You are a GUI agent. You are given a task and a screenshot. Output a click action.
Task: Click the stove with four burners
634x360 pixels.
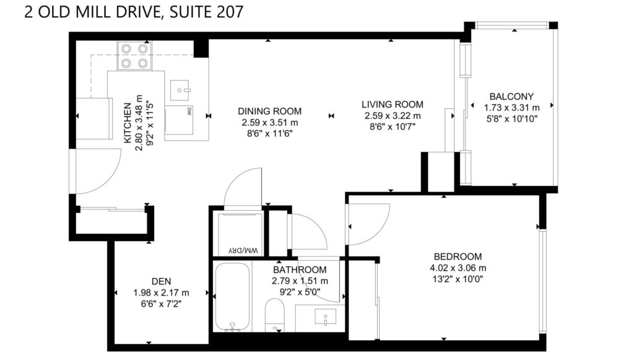click(134, 56)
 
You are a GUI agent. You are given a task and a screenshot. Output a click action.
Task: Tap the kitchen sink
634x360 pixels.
click(180, 90)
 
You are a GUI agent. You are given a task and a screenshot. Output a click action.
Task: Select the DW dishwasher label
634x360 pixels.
click(189, 112)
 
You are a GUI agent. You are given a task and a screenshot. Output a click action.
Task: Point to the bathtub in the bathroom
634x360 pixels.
click(232, 297)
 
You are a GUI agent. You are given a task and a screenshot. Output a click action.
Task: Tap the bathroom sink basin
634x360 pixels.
click(326, 317)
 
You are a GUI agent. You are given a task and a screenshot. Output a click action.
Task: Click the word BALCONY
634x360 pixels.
click(511, 97)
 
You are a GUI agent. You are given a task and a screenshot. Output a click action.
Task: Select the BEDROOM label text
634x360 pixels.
click(458, 257)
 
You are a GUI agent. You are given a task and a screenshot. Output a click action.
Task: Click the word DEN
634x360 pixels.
click(162, 281)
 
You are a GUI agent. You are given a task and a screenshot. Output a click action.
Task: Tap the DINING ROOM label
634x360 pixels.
click(270, 112)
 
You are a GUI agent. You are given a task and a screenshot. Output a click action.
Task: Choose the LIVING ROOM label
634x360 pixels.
click(392, 104)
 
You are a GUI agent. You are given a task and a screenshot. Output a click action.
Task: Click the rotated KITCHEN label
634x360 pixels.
click(128, 123)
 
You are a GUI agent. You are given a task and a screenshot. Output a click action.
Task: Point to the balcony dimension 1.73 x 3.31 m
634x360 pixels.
click(512, 108)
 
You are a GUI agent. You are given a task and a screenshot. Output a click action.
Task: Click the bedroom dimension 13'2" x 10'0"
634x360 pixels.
click(458, 279)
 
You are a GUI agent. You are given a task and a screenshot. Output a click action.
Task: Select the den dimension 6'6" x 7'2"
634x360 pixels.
click(162, 304)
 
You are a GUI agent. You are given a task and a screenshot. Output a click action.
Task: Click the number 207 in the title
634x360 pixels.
click(230, 12)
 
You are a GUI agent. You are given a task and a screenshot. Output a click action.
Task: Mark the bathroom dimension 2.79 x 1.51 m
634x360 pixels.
click(300, 281)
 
